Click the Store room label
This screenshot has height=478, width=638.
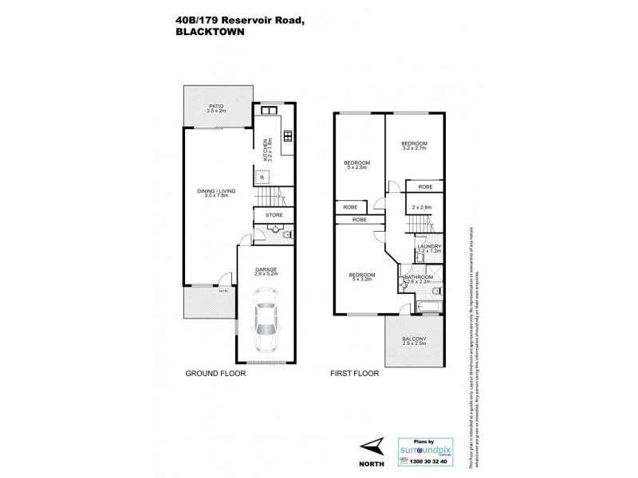tap(274, 214)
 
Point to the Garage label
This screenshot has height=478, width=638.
tap(266, 271)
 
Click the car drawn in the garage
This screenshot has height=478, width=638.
tap(266, 323)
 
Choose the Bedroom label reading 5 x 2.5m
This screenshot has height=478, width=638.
tap(356, 165)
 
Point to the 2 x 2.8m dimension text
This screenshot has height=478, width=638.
tap(421, 207)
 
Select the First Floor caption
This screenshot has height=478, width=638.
tap(354, 373)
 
